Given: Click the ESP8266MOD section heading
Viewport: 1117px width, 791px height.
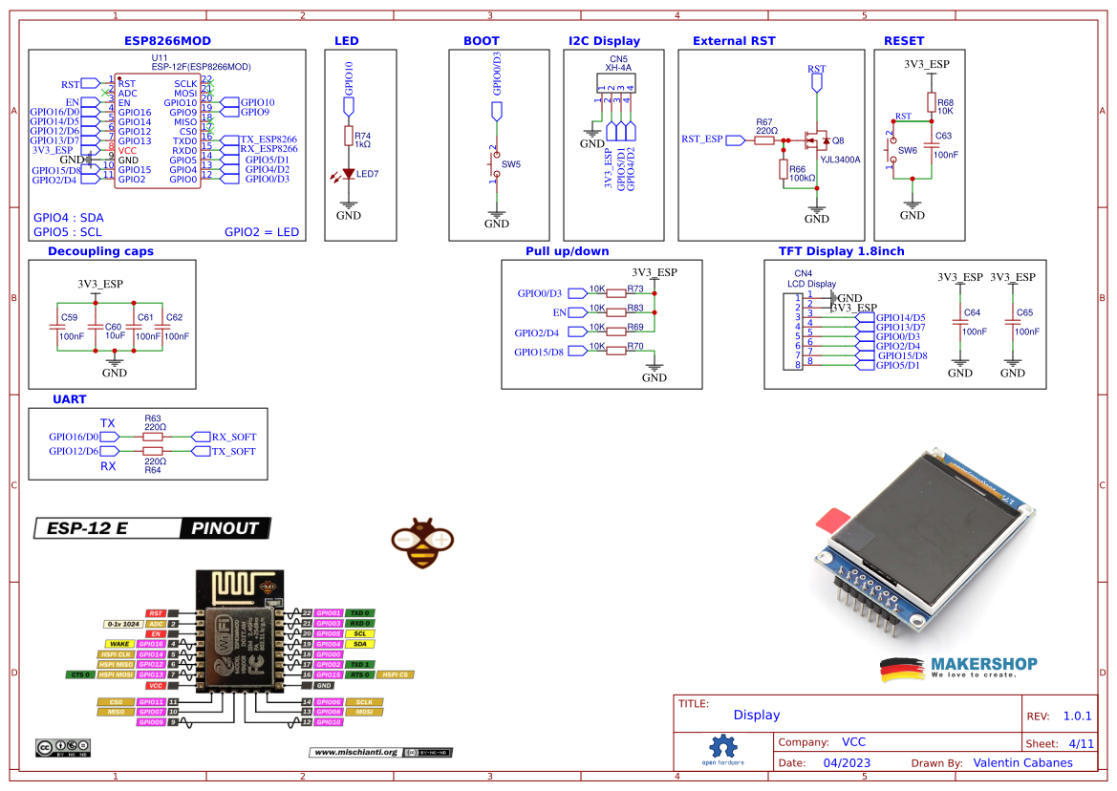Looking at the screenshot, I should (167, 41).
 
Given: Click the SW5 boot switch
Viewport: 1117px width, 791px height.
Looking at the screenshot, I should (496, 165).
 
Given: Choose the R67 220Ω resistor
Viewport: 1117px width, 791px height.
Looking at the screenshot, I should (763, 140).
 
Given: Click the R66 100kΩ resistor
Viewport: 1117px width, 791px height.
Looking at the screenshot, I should (784, 171).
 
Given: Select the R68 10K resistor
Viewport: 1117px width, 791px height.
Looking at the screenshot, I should (931, 103).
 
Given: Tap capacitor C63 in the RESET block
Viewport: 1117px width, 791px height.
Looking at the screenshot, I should (931, 145).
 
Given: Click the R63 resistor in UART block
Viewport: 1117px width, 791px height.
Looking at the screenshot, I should (153, 436).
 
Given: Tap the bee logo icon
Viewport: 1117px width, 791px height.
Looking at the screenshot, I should (419, 542).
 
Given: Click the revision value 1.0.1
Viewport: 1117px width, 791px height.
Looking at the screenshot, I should (1076, 716).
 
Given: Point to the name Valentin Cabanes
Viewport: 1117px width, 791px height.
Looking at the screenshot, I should (1022, 762).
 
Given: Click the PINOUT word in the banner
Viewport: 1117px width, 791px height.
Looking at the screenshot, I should (225, 528).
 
